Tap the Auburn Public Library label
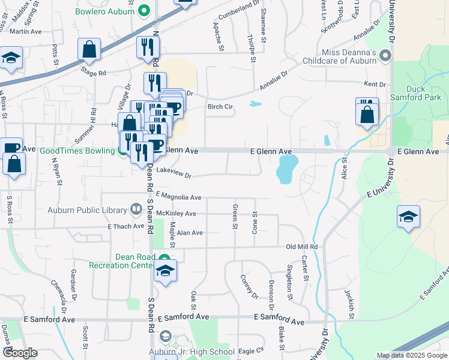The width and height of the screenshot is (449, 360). coord(88,210)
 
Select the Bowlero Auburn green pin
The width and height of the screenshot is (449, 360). coord(143,10)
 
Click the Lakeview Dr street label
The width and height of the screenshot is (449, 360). coord(173,173)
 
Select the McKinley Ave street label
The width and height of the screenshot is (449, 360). coord(176,213)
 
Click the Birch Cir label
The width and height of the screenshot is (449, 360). coord(220,107)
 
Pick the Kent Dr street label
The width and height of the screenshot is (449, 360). coord(374,85)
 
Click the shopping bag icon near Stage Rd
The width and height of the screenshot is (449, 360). coord(89,50)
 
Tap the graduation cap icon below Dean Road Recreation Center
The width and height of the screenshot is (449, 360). coord(165,271)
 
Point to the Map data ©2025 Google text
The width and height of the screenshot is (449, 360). coord(411,355)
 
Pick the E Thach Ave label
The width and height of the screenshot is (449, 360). coord(128,226)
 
